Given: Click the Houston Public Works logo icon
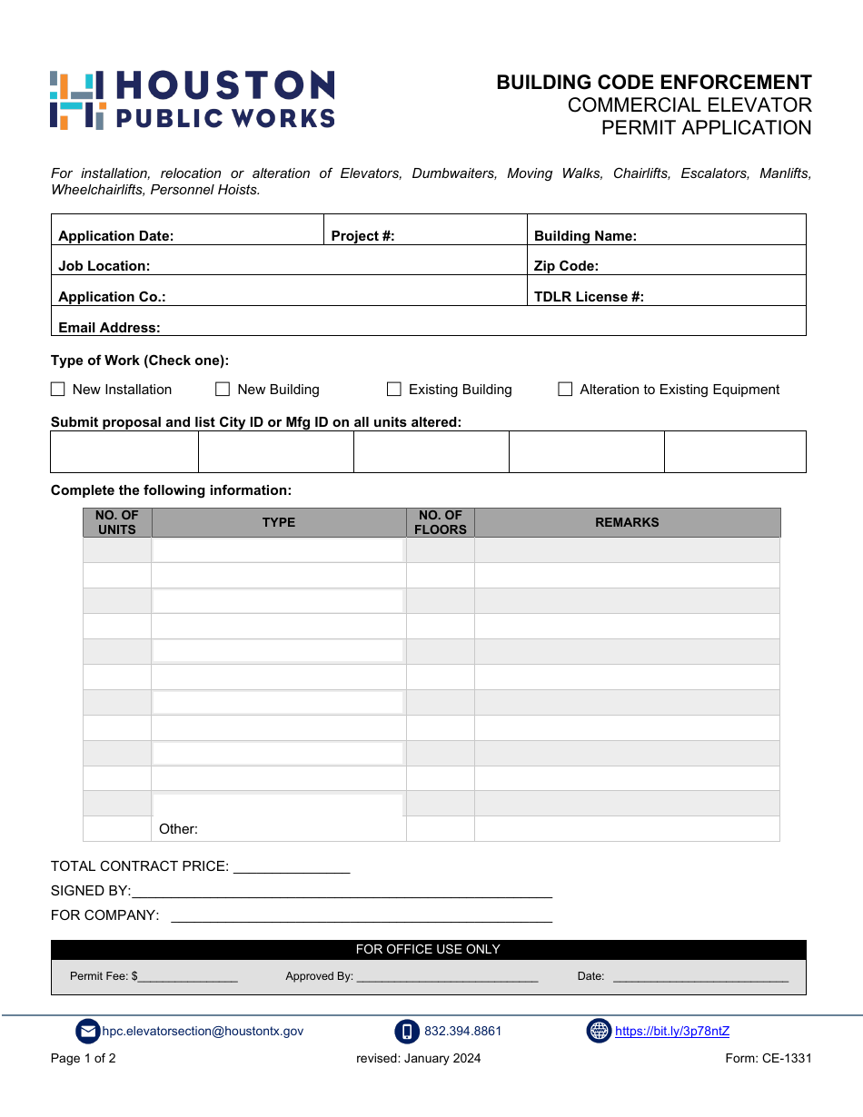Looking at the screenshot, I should (77, 100).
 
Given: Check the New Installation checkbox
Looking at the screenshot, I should (58, 390).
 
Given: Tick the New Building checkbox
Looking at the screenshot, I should (223, 390).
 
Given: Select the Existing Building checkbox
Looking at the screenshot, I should (394, 390).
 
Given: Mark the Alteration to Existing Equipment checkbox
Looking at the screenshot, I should (565, 390).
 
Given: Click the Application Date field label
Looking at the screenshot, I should (115, 236).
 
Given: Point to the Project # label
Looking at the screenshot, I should (362, 236).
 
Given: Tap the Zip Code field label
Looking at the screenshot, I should (566, 266).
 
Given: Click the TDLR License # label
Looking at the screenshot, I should (589, 297).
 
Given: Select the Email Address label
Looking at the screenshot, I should (109, 328).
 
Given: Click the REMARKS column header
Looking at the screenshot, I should (627, 523).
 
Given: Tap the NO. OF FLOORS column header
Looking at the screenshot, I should (441, 523).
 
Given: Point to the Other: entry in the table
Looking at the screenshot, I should (178, 829).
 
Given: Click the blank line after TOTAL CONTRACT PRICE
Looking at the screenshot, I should (292, 867).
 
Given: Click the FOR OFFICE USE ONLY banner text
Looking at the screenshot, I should (428, 950).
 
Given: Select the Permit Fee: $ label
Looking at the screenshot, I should (104, 976).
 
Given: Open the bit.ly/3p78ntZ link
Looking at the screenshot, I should (672, 1032).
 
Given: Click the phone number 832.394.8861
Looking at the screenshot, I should (462, 1032).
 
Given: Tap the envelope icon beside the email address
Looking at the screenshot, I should (87, 1032).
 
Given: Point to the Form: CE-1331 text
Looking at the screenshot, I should (768, 1058).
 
